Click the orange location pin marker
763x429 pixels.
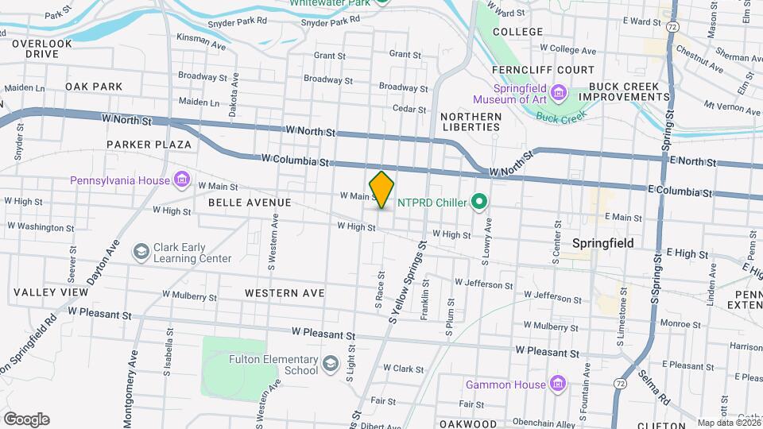coord(382,189)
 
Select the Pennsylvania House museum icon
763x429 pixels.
coord(183,180)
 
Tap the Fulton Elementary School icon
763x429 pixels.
coord(329,365)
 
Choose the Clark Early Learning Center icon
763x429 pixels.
coord(141,252)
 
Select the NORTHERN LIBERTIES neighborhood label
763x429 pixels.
coord(471,122)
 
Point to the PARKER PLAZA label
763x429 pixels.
coord(149,145)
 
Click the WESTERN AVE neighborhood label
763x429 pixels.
coord(285,293)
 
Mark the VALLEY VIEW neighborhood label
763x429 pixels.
coord(51,292)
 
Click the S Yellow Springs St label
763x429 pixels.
coord(409,282)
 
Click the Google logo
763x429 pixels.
coord(26,419)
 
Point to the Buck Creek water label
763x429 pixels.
coord(560,117)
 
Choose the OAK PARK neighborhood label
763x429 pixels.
coord(94,86)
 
